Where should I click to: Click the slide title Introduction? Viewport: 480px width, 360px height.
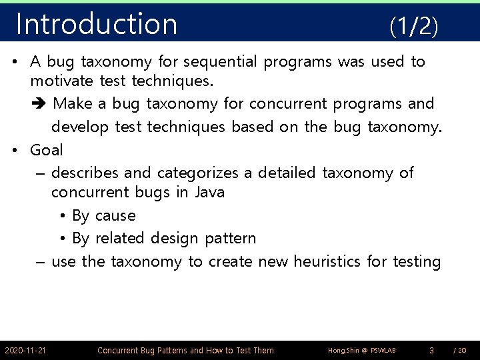(x=97, y=24)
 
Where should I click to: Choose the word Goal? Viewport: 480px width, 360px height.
(x=47, y=150)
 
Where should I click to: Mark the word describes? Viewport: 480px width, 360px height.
(x=85, y=173)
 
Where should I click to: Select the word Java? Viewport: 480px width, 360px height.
(x=209, y=193)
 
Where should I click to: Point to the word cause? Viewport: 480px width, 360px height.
(x=115, y=216)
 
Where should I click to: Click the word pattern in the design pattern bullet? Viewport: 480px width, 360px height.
(x=230, y=239)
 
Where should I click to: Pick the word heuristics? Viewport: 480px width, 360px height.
(x=317, y=261)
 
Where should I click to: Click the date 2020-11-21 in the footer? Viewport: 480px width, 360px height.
(x=25, y=350)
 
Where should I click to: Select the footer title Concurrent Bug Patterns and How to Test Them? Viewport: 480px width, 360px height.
(x=185, y=350)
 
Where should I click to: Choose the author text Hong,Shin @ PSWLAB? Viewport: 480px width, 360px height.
(x=362, y=351)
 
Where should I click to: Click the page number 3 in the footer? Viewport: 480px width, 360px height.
(x=431, y=350)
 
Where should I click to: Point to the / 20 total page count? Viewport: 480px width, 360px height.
(x=460, y=351)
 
